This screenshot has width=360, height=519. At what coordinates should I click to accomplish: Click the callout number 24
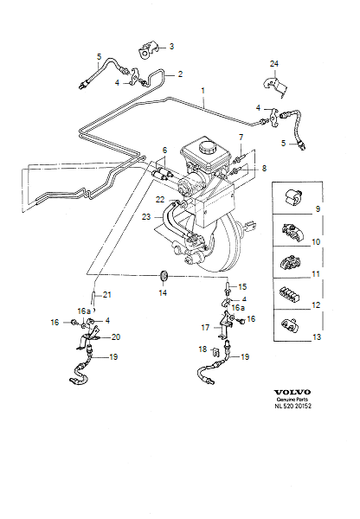[x=274, y=63]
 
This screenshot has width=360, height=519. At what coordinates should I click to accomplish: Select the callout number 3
[x=171, y=47]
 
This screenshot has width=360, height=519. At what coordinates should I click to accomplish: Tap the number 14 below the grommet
[x=163, y=293]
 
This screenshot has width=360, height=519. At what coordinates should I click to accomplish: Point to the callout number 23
[x=146, y=217]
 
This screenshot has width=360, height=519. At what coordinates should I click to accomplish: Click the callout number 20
[x=116, y=337]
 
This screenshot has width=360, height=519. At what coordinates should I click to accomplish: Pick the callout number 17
[x=205, y=327]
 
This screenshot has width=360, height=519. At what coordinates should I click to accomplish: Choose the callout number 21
[x=107, y=295]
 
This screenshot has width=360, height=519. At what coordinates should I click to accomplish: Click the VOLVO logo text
[x=292, y=392]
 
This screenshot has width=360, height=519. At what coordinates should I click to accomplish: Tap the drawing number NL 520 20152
[x=292, y=406]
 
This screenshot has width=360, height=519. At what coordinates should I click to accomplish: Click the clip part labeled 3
[x=148, y=50]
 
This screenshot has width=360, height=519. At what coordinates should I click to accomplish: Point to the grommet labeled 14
[x=164, y=276]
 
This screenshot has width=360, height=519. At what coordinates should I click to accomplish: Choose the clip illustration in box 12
[x=290, y=294]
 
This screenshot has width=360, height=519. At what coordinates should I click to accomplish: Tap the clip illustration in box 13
[x=289, y=324]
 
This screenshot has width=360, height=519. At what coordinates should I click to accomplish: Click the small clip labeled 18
[x=215, y=351]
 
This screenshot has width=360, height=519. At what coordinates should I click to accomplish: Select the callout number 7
[x=241, y=137]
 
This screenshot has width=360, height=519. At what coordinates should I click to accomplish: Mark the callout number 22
[x=160, y=199]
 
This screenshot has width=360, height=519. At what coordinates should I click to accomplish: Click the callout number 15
[x=242, y=286]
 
